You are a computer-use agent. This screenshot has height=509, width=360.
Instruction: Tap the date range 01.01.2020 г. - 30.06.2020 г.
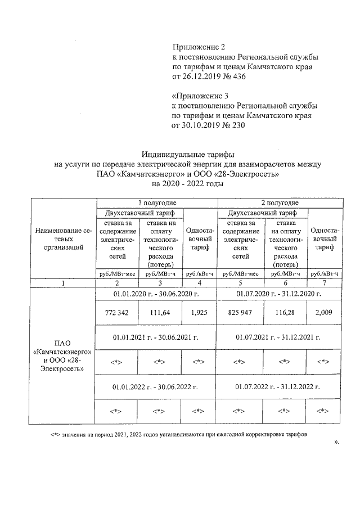click(156, 293)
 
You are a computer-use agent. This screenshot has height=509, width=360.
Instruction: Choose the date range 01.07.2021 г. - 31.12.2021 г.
click(279, 337)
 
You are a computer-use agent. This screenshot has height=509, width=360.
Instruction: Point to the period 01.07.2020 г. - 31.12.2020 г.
click(279, 293)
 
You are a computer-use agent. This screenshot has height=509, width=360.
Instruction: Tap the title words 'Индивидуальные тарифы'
click(187, 154)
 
